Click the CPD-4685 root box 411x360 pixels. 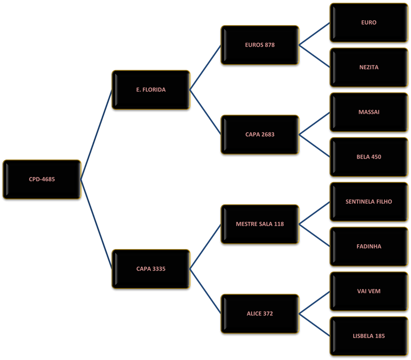42,179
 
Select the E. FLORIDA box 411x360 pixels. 151,90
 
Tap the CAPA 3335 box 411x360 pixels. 151,269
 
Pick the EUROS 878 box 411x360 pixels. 260,45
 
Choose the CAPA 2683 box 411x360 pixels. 260,134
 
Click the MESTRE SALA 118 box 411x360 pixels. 260,224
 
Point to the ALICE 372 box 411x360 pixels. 260,314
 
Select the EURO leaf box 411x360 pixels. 369,22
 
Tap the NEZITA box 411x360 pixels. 369,67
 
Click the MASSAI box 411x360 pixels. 369,112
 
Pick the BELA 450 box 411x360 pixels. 369,157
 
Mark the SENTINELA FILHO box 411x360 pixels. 369,202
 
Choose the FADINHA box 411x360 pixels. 369,246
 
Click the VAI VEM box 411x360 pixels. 369,291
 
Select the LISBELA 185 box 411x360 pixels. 369,336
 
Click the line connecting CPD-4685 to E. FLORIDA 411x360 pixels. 96,134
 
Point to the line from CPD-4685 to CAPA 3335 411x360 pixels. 96,224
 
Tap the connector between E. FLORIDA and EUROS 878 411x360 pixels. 205,67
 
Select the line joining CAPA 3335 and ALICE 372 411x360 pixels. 205,291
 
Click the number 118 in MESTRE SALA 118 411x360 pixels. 279,224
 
